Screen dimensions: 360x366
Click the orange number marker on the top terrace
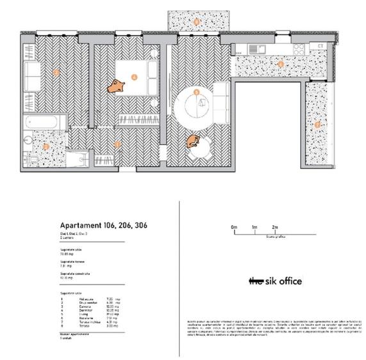tap(196, 22)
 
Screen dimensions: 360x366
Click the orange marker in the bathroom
tap(45, 146)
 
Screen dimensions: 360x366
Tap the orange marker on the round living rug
tap(196, 92)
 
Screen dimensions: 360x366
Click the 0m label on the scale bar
tap(234, 227)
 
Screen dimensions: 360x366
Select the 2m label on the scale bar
tap(274, 227)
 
